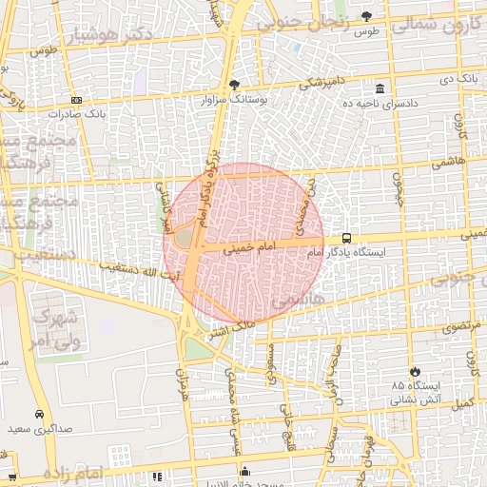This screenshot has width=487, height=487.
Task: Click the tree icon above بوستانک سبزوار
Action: point(235,84)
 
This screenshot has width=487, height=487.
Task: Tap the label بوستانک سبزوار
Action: point(235,98)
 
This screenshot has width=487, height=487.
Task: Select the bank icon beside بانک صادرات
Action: point(76,100)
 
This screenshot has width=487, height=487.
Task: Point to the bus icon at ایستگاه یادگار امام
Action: point(346,239)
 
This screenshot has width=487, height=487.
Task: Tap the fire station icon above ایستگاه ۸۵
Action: point(415,371)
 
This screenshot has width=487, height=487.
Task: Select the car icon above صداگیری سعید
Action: point(38,415)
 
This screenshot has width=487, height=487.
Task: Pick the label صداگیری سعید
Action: point(38,430)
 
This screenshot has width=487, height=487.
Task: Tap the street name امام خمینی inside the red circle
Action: point(249,247)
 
